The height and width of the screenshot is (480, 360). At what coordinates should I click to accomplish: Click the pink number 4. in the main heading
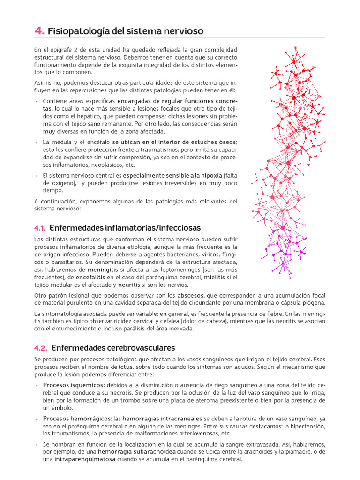coord(39,31)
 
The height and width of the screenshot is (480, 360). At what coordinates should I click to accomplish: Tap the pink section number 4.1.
coord(40,228)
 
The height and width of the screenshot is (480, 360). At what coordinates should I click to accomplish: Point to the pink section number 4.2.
coord(41,348)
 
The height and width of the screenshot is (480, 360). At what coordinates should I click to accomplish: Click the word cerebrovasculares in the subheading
coord(141,348)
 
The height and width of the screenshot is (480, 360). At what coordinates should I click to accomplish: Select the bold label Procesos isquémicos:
coord(74,385)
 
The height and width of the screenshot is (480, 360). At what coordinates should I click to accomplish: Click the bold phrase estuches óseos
coord(207,142)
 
